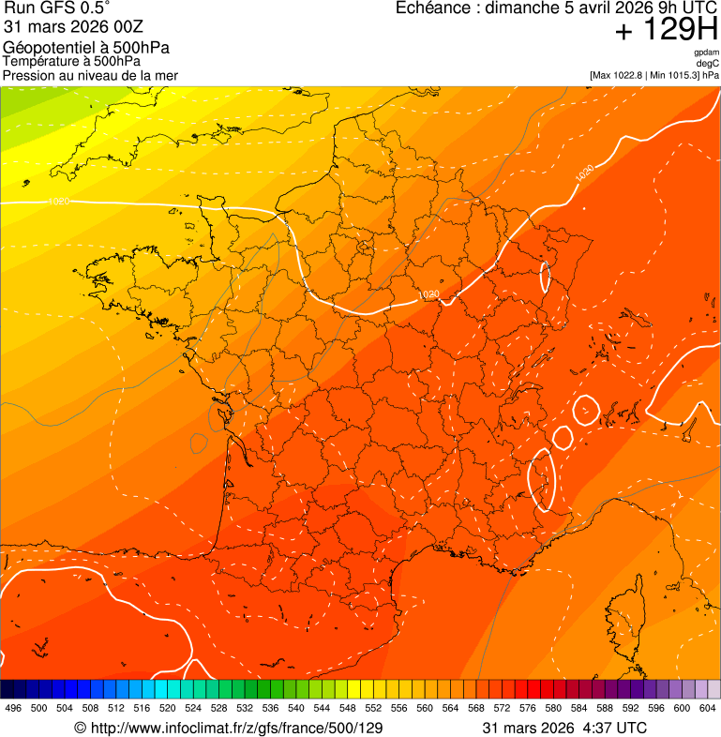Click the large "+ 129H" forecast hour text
tap(666, 31)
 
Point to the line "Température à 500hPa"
tap(71, 62)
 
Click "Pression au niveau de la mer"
tap(90, 75)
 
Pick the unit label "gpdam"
tap(706, 53)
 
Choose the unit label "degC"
tap(708, 63)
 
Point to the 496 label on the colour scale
tap(13, 708)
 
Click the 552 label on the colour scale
tap(373, 708)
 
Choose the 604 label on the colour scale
tap(707, 708)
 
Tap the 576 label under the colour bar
tap(527, 708)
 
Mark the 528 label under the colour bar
tap(218, 708)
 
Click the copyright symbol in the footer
tap(81, 728)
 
